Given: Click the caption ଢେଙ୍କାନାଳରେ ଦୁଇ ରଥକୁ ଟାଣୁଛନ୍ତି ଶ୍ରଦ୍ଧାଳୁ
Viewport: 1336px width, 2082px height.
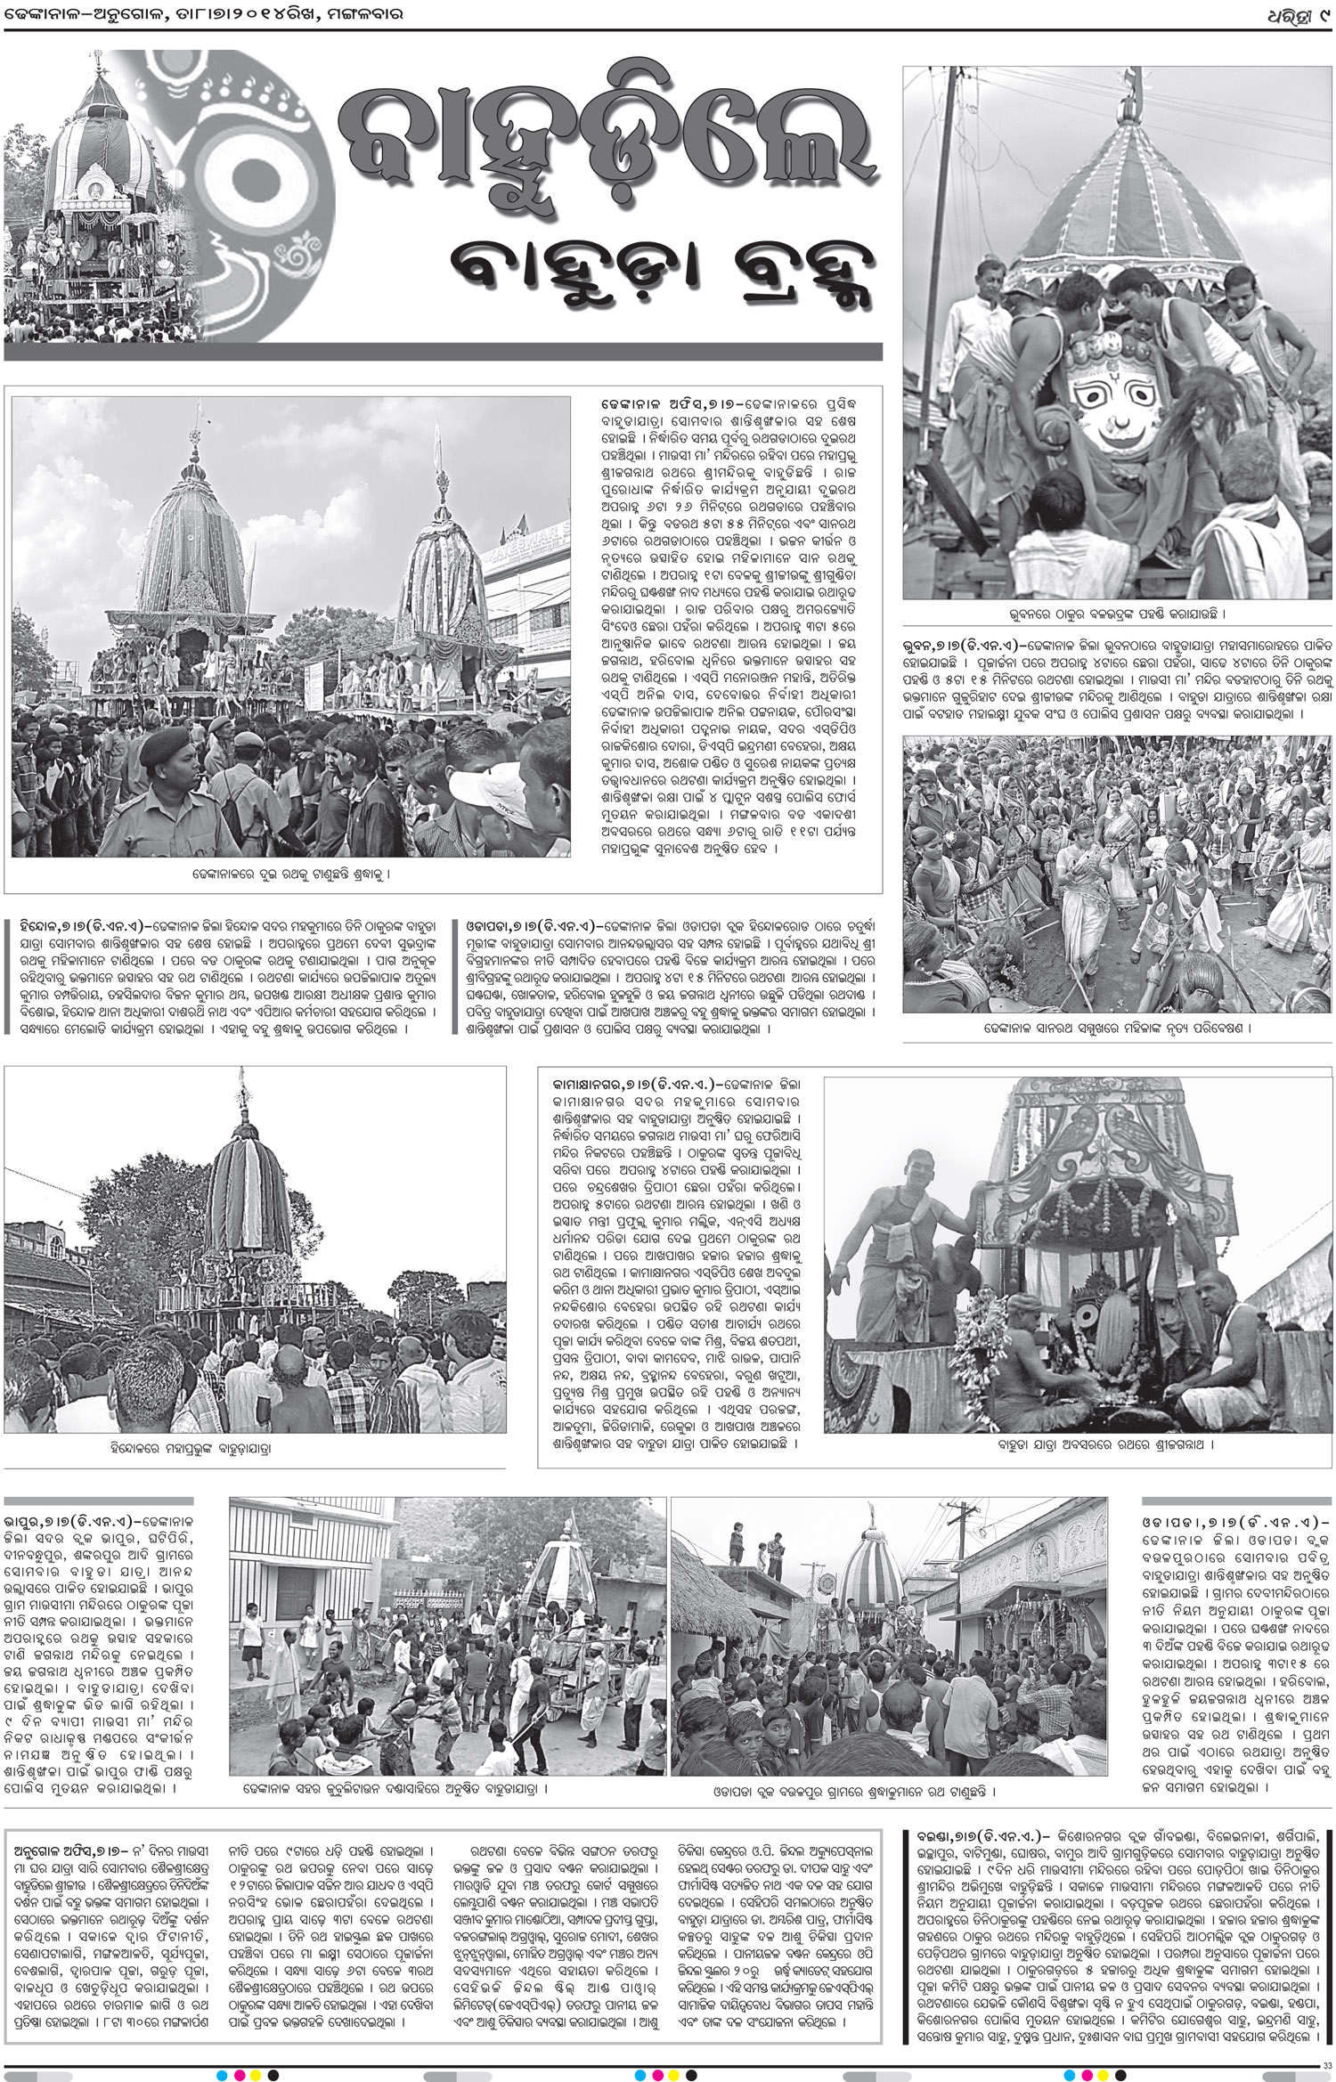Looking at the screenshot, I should click(290, 874).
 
